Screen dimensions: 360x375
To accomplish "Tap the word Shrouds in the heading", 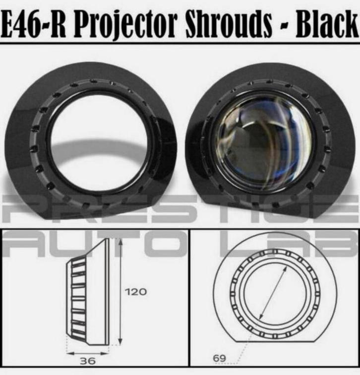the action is (x=229, y=24).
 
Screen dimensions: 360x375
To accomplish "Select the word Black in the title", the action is (x=327, y=24).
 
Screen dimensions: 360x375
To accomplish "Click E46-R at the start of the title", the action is (x=33, y=24).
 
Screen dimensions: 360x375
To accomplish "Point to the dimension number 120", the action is (x=136, y=292).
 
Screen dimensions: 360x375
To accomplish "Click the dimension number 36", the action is (x=88, y=361).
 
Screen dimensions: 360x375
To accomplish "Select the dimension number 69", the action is (x=220, y=358).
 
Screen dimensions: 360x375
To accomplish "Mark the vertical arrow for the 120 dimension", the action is (x=120, y=292).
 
